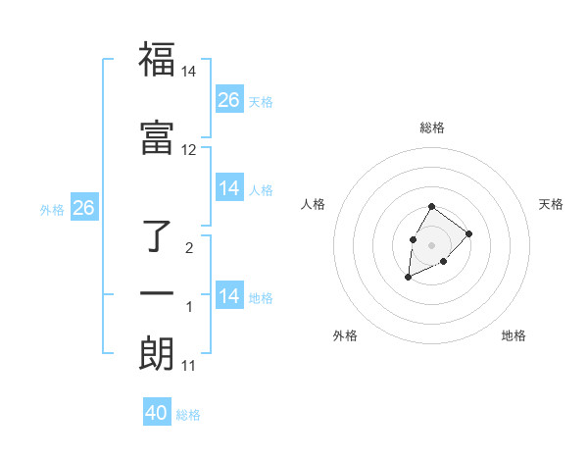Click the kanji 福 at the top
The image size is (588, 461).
157,60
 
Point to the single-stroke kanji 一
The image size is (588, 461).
157,293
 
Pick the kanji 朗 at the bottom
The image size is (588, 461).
157,353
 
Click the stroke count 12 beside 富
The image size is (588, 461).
189,150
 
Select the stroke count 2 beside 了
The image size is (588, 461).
189,248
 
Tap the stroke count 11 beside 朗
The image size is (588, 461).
189,366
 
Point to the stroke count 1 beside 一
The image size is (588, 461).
189,307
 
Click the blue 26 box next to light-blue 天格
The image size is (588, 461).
229,100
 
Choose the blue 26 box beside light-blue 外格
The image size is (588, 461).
83,208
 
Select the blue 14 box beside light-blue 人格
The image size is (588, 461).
229,188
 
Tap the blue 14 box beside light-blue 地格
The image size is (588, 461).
229,296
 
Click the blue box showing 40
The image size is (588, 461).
157,413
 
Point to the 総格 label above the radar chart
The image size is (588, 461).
432,128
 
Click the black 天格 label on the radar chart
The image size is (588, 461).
551,204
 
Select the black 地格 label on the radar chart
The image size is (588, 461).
514,335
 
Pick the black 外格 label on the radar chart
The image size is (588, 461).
345,335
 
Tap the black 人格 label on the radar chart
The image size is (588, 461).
314,204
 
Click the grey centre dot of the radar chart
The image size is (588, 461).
431,243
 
